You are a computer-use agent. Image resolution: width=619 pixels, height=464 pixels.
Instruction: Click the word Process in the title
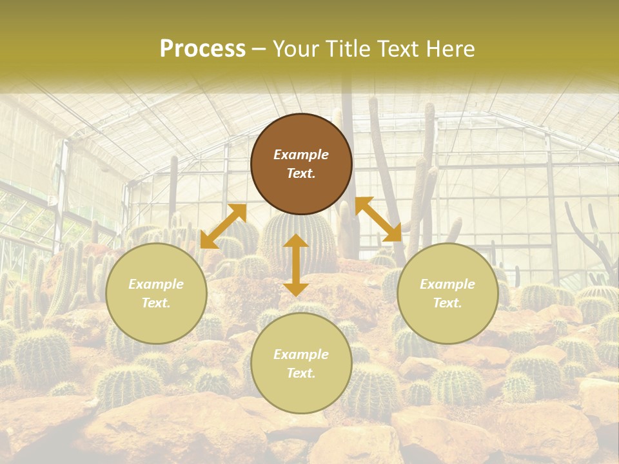tap(202, 49)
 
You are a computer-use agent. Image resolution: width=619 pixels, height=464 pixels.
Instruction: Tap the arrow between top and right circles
tap(378, 219)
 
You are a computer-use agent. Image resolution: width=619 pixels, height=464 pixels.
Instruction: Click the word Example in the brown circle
tap(301, 155)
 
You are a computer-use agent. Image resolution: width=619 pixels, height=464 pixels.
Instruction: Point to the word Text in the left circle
tap(156, 303)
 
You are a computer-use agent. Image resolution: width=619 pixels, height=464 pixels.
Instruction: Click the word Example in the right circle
tap(447, 284)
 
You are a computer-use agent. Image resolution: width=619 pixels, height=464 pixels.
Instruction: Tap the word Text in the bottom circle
tap(301, 373)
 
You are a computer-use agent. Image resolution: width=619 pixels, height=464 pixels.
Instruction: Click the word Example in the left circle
tap(156, 284)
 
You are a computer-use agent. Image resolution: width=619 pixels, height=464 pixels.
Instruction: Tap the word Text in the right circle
tap(447, 303)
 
